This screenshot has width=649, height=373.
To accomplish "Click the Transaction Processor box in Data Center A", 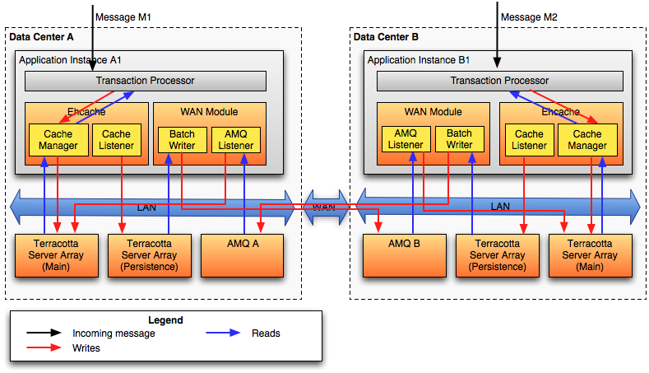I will point(145,81).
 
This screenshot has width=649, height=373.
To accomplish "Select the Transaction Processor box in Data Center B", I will point(498,81).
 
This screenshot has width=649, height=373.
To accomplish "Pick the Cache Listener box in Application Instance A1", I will point(116,140).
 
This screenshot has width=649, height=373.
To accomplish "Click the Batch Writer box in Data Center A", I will point(182,140).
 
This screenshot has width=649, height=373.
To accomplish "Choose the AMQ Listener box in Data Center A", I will point(236,140).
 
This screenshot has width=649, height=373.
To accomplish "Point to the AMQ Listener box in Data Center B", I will point(406,140).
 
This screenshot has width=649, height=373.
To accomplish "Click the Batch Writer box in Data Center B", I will point(459,140).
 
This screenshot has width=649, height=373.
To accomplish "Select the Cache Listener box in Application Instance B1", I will point(529,140).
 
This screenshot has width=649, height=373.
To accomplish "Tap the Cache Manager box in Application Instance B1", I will point(586,140).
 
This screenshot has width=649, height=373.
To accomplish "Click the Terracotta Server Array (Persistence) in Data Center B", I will point(498,254).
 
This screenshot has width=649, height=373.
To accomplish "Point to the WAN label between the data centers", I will point(323,207).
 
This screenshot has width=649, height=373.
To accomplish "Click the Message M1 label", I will point(123,16).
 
